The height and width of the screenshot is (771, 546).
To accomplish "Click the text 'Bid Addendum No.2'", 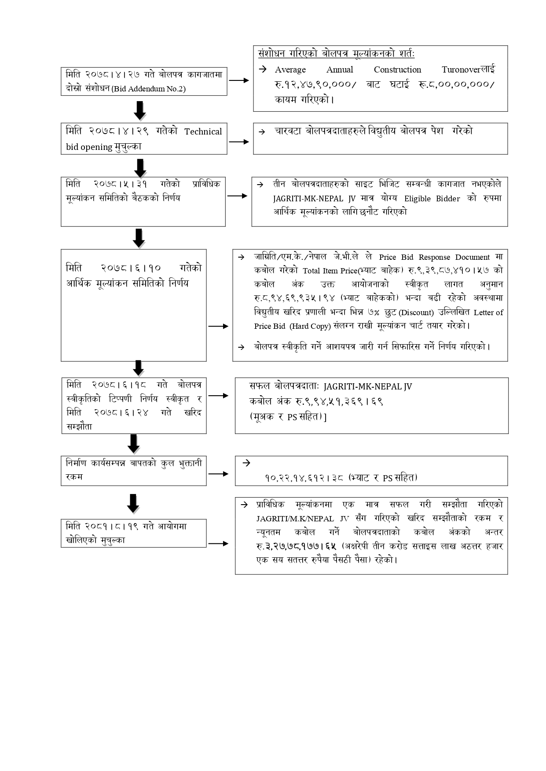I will click(x=149, y=89).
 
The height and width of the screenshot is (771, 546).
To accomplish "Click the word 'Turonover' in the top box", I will click(x=461, y=69).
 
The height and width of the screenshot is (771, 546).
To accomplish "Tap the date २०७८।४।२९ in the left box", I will click(x=119, y=131).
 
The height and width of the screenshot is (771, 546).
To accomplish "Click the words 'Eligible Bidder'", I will click(x=432, y=198).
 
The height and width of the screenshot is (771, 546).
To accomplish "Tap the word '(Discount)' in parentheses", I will click(x=416, y=313).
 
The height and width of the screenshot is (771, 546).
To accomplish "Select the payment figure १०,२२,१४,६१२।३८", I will click(x=304, y=478).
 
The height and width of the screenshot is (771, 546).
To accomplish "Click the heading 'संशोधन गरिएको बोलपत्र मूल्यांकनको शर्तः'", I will click(x=337, y=54).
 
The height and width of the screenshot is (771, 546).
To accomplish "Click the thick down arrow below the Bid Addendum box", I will click(x=139, y=110).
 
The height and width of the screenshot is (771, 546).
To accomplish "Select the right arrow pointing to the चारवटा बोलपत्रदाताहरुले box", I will click(x=240, y=142).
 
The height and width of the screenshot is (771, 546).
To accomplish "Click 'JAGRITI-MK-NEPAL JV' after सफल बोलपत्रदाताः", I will click(x=368, y=386).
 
